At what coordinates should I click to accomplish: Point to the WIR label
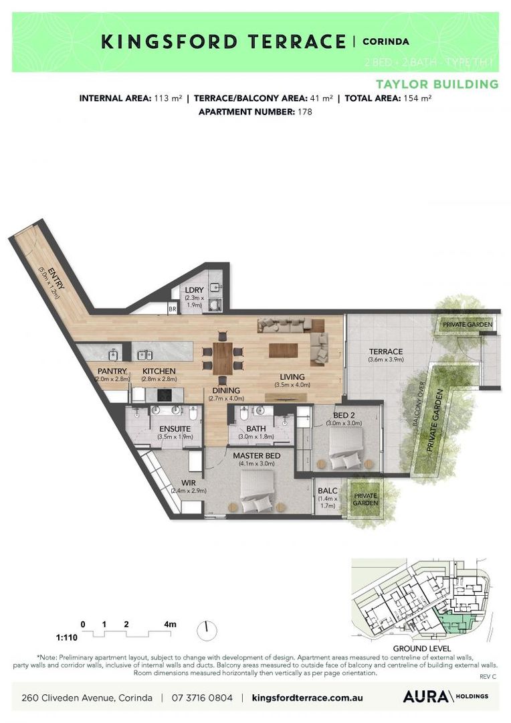(187, 482)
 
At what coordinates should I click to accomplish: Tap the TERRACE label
(386, 351)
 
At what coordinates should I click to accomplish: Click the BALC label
(327, 490)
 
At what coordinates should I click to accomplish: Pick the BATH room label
(256, 428)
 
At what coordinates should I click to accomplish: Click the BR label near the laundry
(173, 309)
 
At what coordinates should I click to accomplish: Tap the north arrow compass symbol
(207, 630)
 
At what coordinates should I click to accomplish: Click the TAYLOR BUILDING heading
(437, 84)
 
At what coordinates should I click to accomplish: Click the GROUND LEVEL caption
(421, 649)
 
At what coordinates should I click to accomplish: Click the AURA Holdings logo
(445, 697)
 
